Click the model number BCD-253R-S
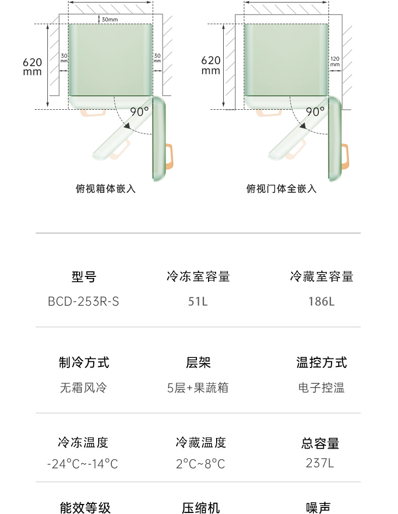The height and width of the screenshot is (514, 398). (x=84, y=302)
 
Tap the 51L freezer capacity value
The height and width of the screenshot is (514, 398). (x=198, y=302)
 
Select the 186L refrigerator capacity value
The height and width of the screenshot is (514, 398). (x=321, y=302)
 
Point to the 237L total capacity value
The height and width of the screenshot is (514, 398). (x=320, y=463)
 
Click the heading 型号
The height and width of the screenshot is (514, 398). (x=84, y=276)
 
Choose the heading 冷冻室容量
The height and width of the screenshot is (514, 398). (x=198, y=276)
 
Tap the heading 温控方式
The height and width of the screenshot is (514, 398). (x=321, y=362)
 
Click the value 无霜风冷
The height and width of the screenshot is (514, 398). (x=84, y=388)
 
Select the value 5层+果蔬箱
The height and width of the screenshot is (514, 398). (x=198, y=388)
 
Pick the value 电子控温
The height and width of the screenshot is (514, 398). (x=321, y=388)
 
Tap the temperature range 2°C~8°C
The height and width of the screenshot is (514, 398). (x=201, y=464)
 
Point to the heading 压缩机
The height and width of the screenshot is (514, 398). (x=201, y=507)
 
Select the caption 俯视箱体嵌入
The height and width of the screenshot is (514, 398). (x=105, y=189)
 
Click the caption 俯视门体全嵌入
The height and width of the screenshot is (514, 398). (x=281, y=189)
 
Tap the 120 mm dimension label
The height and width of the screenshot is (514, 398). (x=335, y=61)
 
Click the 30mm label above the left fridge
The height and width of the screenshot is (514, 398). (x=109, y=20)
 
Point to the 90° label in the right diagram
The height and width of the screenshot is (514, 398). (x=315, y=112)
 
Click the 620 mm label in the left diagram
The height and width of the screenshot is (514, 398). (x=32, y=67)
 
